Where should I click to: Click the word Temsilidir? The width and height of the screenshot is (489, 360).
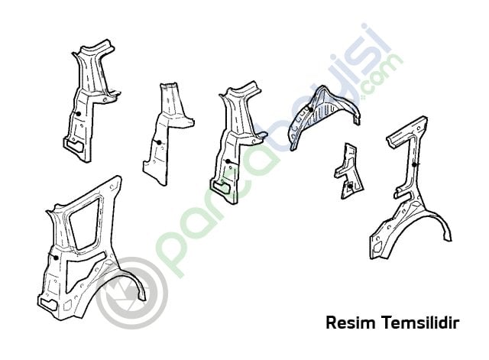pos(420,323)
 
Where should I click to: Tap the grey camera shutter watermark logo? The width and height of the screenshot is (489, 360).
pos(132,293)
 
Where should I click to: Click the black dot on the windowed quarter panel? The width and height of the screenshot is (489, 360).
pos(56,258)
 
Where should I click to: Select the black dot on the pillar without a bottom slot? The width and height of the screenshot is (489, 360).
pos(159,143)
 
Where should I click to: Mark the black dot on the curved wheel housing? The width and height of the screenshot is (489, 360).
pos(310,109)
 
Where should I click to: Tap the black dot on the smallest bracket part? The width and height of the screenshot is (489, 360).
pos(350,186)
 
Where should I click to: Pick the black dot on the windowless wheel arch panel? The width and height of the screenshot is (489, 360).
pos(414,164)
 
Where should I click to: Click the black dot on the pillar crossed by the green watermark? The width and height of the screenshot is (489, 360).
pos(228,161)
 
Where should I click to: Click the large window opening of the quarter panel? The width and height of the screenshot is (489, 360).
pos(84,223)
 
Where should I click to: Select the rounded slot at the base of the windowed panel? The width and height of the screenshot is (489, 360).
pos(48,304)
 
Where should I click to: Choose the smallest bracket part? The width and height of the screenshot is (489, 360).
pos(348,171)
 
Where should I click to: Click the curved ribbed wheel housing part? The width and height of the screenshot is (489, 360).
pos(324,118)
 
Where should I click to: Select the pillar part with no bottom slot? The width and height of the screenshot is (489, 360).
pos(168,134)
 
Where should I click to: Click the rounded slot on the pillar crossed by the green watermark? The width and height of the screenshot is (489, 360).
pos(222,186)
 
